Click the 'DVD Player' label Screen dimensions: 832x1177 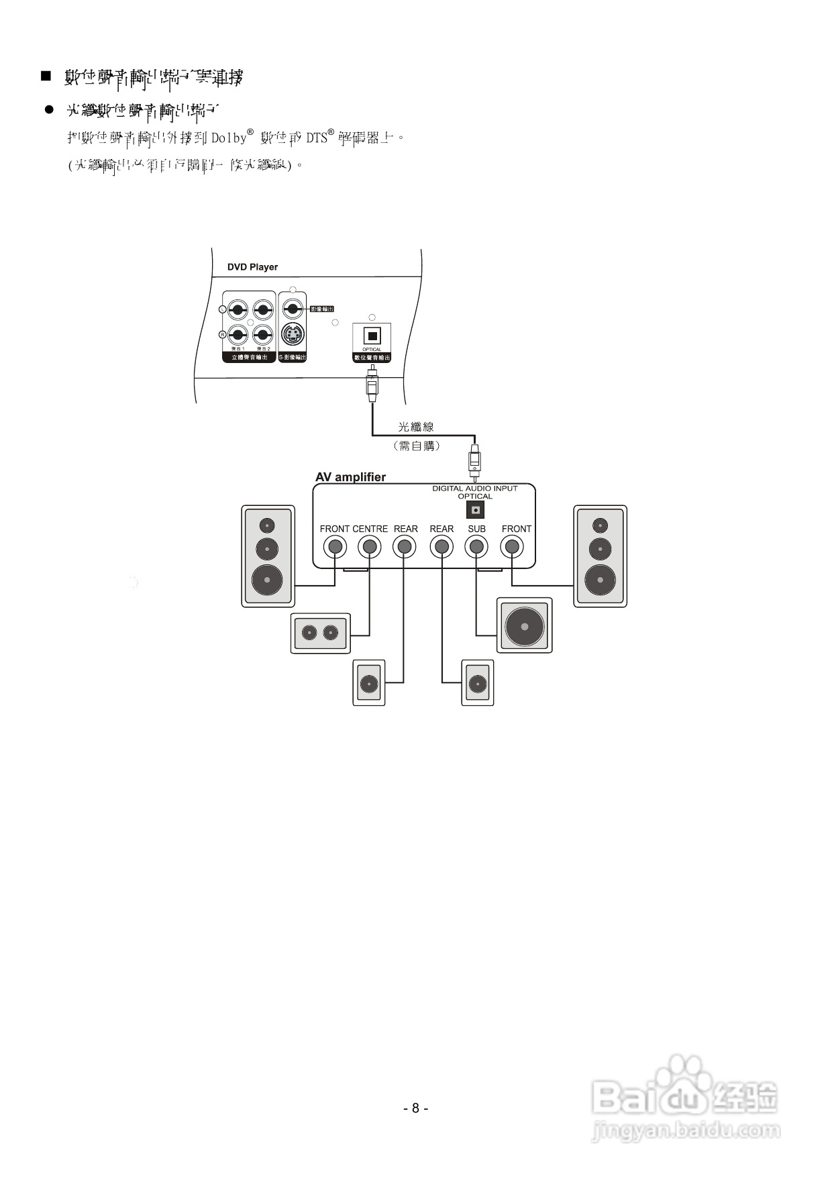pos(252,267)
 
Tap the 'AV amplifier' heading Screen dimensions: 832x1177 pos(350,477)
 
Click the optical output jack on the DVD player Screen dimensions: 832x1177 pos(372,336)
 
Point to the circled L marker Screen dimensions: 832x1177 pos(223,309)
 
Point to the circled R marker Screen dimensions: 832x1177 pos(223,334)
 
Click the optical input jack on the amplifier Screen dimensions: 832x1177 pos(475,510)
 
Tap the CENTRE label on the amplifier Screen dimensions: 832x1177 pos(370,529)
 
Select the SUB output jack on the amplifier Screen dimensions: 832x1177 pos(476,547)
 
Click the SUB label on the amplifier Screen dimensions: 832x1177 pos(476,529)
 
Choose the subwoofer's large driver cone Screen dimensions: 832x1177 pos(524,626)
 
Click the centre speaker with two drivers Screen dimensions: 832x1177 pos(320,633)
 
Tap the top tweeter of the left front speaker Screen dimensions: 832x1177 pos(268,525)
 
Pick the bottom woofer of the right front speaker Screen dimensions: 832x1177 pos(600,578)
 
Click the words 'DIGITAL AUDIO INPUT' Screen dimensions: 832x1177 pos(474,489)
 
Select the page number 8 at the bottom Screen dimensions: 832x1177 pos(415,1108)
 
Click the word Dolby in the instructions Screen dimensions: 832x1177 pos(229,138)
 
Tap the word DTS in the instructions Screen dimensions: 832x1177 pos(317,138)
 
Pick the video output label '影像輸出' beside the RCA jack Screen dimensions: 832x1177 pos(322,309)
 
